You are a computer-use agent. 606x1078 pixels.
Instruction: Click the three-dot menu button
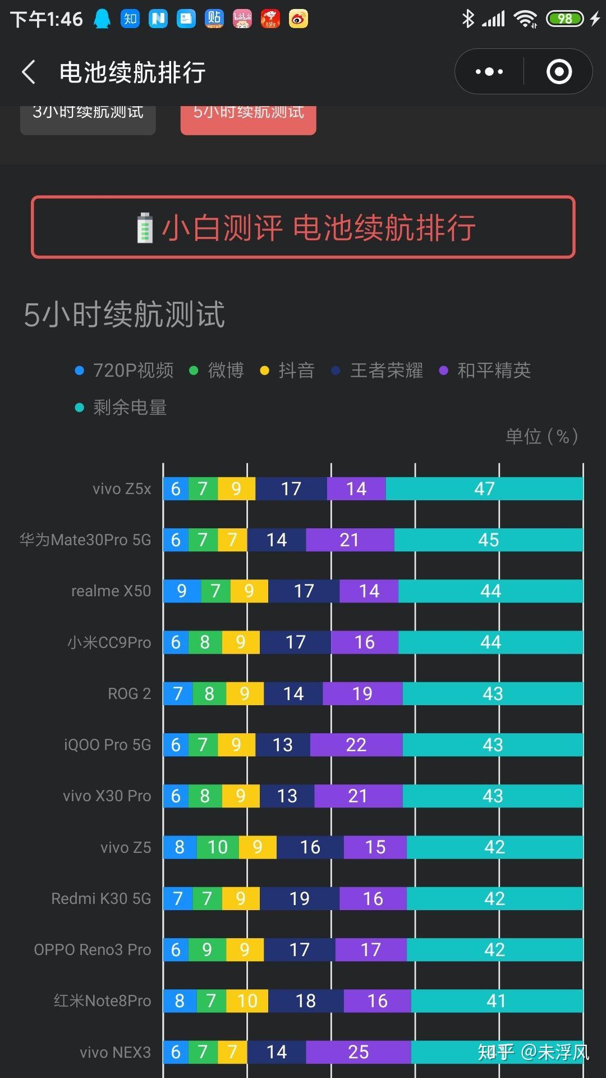(489, 72)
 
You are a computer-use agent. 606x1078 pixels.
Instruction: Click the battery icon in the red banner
(145, 228)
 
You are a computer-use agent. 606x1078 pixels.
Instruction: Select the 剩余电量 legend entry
(121, 408)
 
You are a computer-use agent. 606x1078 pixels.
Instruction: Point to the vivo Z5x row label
(122, 489)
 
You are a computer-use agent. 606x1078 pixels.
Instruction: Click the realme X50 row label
(111, 591)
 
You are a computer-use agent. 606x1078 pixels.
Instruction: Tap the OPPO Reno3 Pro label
(93, 949)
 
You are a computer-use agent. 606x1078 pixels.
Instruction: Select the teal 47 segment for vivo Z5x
(484, 489)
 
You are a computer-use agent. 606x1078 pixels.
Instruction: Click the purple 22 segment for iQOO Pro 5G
(356, 745)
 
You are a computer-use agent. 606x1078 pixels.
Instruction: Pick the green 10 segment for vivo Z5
(218, 847)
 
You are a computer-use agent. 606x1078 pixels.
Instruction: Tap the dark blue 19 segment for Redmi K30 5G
(299, 898)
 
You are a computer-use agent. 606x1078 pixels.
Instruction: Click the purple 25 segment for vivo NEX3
(358, 1052)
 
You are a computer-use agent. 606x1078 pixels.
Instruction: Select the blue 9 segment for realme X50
(182, 591)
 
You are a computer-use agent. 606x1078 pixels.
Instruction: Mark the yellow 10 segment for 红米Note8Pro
(247, 1001)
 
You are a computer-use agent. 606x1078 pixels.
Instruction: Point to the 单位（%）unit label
(541, 436)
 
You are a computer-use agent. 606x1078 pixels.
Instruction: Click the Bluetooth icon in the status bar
(467, 19)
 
